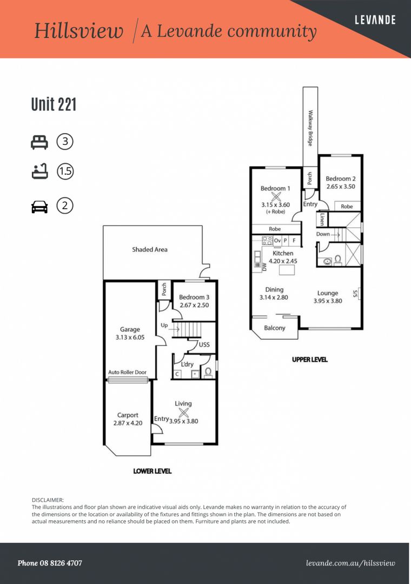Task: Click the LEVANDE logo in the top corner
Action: click(375, 19)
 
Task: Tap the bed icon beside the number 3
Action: click(39, 142)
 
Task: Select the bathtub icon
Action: click(39, 171)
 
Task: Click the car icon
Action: click(39, 207)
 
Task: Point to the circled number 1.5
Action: click(65, 171)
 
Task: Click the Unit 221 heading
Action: click(54, 104)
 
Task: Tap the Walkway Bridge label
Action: click(310, 128)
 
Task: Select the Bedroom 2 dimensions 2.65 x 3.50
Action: click(341, 187)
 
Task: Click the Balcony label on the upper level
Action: click(275, 328)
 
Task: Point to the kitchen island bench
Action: click(287, 270)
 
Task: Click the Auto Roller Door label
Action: click(128, 372)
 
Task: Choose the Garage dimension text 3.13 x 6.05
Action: click(130, 337)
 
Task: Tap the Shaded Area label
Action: click(150, 249)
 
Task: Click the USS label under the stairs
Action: click(204, 344)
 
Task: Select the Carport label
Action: click(128, 415)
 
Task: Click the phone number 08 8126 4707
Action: click(61, 563)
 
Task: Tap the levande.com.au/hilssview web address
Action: click(350, 563)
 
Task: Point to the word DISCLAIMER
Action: click(48, 500)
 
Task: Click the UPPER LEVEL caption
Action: click(310, 360)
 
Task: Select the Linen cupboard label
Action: click(322, 220)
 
